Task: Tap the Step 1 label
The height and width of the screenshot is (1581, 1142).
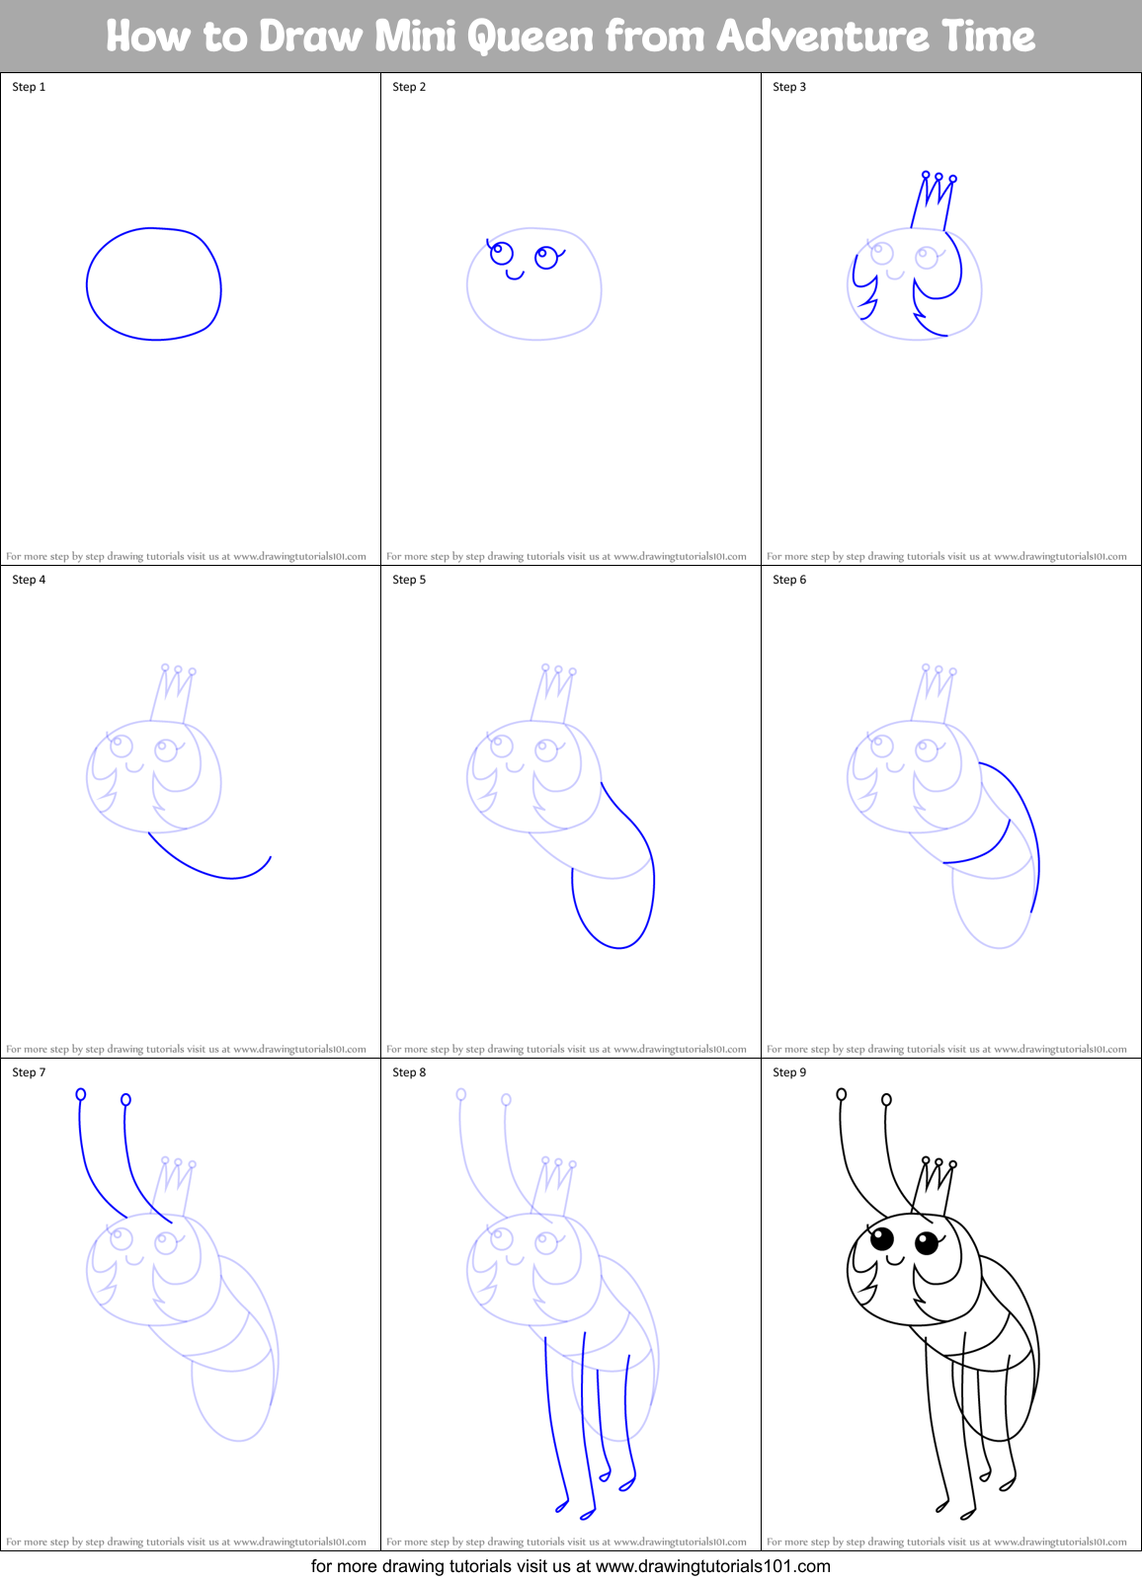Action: click(x=29, y=87)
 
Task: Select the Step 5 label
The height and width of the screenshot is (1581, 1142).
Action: click(x=409, y=580)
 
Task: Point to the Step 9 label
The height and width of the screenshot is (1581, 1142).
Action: click(x=789, y=1072)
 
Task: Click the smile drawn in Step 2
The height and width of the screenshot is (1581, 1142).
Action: click(x=515, y=275)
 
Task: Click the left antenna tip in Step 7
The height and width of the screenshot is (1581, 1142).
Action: click(x=81, y=1094)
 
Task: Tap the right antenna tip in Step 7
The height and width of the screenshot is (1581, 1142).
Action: click(x=125, y=1099)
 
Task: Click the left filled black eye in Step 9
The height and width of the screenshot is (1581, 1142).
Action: click(x=882, y=1238)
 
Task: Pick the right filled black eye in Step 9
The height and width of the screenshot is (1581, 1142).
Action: click(x=927, y=1242)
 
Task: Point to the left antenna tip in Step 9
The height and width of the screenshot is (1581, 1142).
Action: click(x=842, y=1094)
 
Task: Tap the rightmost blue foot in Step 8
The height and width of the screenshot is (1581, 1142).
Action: click(x=627, y=1483)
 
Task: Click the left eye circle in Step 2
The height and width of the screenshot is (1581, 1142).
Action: click(x=502, y=253)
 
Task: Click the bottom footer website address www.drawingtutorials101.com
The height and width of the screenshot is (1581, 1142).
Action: click(x=712, y=1566)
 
